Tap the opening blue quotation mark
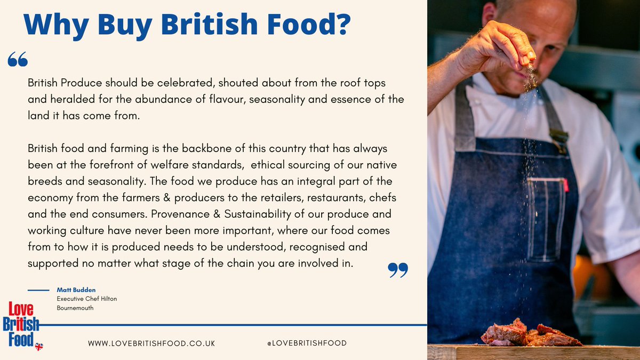[x=18, y=60]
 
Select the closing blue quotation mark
[x=398, y=270]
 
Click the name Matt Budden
[x=76, y=290]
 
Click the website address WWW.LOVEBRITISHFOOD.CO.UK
[x=151, y=343]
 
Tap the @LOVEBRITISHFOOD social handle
[x=307, y=343]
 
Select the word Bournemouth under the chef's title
[x=75, y=308]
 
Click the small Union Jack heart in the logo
[x=38, y=346]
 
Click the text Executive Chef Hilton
[x=87, y=299]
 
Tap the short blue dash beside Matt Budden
[x=38, y=290]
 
